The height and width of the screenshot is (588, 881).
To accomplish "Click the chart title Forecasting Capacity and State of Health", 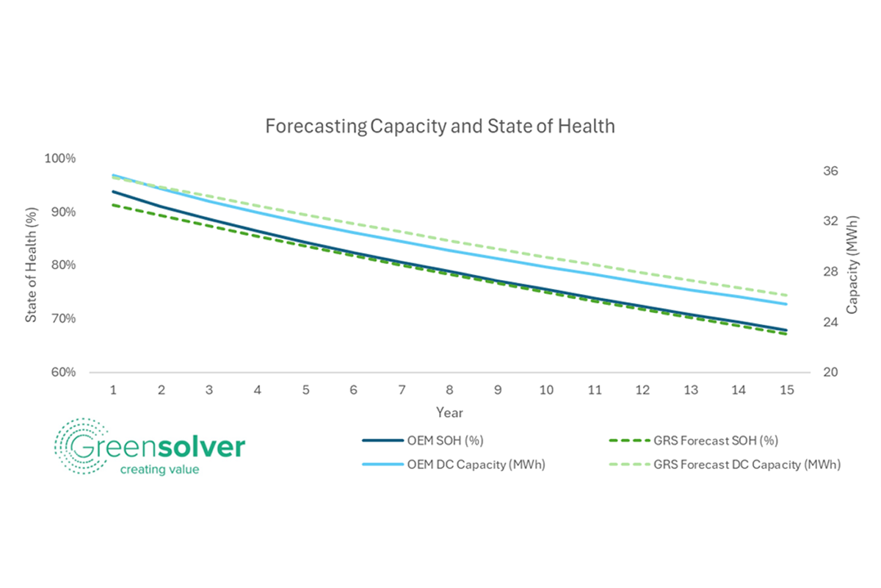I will click(439, 126).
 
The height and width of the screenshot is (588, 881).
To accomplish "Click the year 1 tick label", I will click(113, 390).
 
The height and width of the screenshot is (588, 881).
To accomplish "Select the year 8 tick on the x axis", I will click(449, 390).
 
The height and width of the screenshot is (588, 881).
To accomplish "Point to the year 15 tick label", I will click(786, 390).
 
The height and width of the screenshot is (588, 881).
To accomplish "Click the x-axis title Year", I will click(449, 412).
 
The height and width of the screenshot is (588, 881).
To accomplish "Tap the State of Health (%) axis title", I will click(31, 265).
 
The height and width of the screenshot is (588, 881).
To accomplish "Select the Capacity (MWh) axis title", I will click(852, 265).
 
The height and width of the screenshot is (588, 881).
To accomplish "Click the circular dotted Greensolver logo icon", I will click(79, 446).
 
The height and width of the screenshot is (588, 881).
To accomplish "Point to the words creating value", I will click(159, 469).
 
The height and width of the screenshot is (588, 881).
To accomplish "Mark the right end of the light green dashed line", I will click(786, 295).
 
